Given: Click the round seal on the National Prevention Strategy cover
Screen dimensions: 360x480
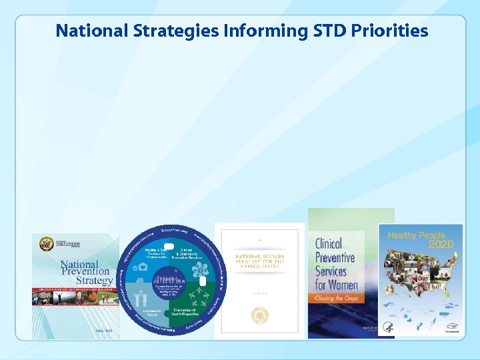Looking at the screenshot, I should (46, 244).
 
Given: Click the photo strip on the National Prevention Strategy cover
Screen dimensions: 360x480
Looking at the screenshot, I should (75, 303).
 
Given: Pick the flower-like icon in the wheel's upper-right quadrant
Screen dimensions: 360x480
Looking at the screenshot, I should (201, 271).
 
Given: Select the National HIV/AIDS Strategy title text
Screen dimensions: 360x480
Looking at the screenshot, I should (260, 258).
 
